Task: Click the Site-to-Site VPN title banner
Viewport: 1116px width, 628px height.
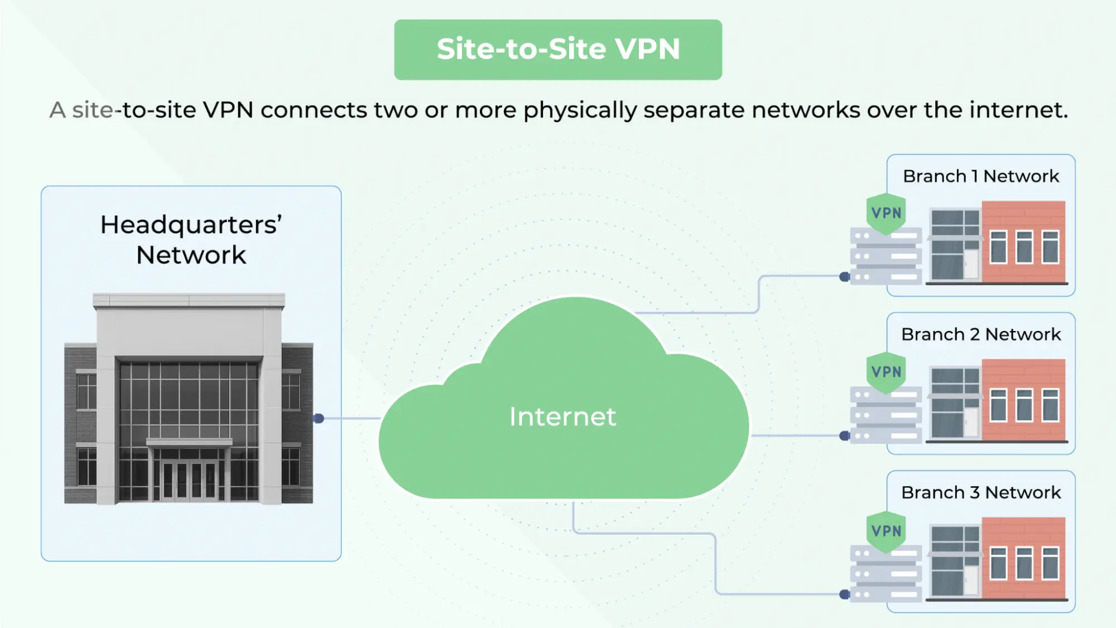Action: point(558,49)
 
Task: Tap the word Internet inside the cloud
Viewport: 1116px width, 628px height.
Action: point(562,417)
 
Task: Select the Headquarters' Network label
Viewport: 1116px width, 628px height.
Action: point(191,240)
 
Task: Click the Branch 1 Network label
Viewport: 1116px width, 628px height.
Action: point(980,176)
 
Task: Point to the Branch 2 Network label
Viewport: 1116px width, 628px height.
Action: point(980,334)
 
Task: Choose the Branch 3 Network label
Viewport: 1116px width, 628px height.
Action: point(980,493)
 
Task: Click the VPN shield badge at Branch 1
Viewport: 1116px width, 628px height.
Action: point(886,213)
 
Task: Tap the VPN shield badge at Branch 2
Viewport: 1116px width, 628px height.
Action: point(886,372)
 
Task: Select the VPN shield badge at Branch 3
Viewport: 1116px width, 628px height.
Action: point(886,531)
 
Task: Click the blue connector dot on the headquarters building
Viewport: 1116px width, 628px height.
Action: point(319,419)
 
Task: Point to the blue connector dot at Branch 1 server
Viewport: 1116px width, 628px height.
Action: point(844,277)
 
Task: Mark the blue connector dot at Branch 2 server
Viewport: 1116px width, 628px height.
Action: point(844,436)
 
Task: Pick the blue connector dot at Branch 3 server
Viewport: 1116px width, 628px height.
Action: point(844,595)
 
